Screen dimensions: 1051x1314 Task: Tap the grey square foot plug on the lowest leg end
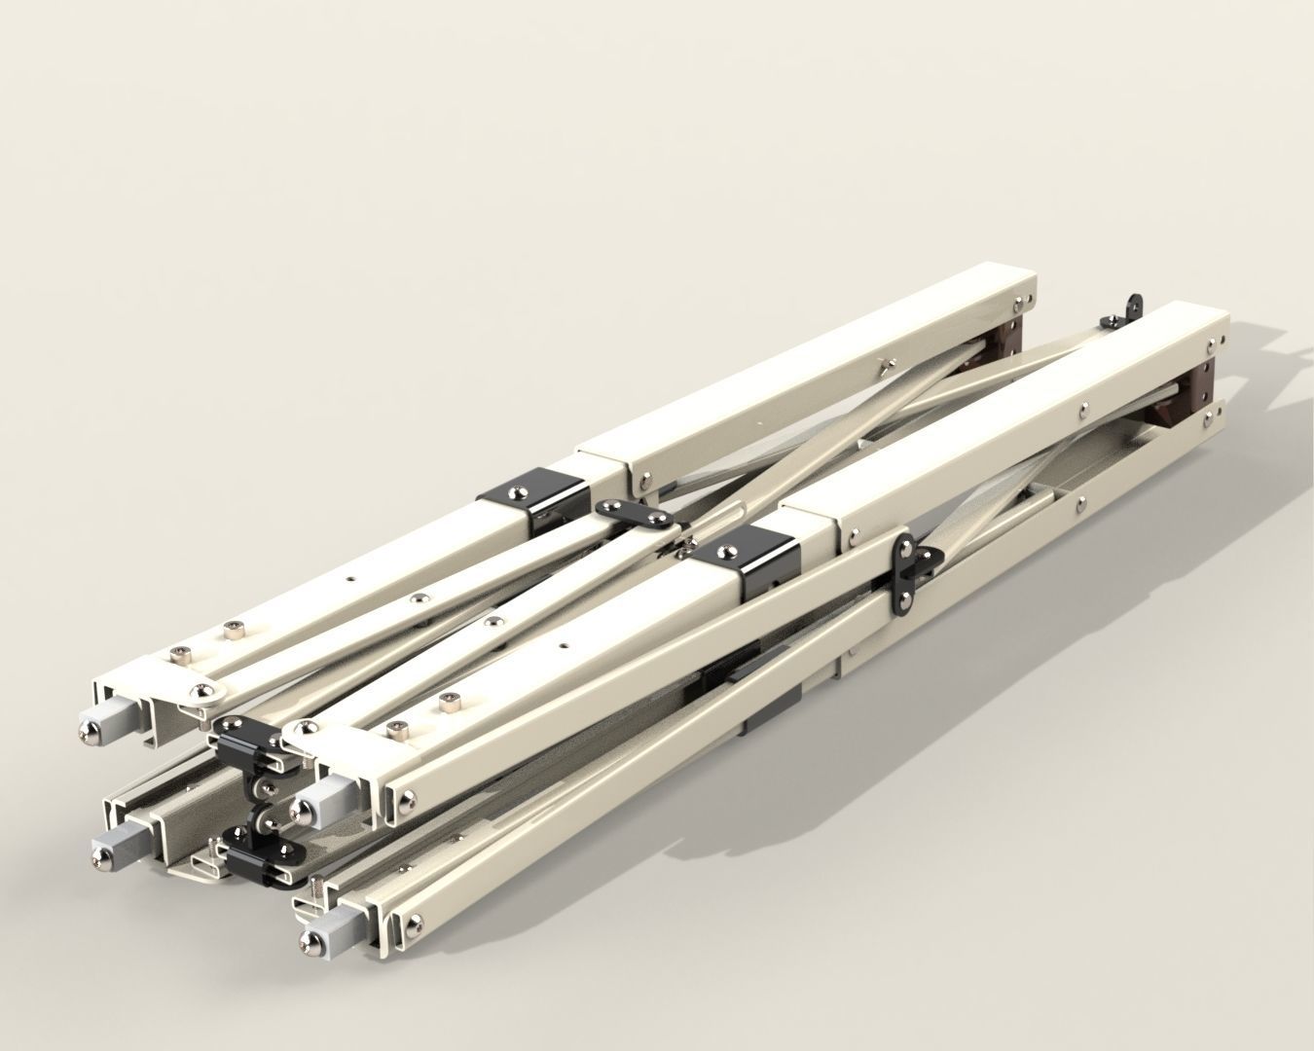332,929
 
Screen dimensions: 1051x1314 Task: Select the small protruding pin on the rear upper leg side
881,367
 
